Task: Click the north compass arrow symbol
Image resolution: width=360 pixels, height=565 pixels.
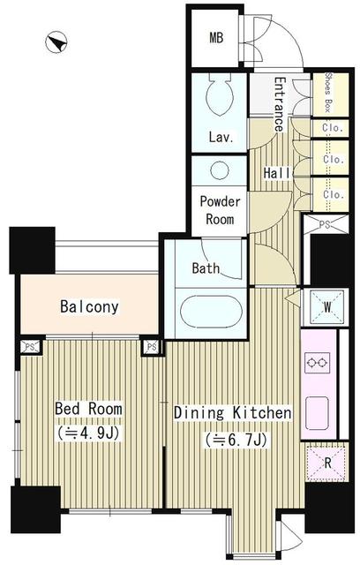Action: pyautogui.click(x=56, y=42)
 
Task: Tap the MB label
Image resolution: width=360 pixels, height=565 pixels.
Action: pyautogui.click(x=216, y=37)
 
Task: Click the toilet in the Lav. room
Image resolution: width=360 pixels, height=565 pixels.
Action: pyautogui.click(x=219, y=94)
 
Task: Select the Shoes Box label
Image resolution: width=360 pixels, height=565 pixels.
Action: pyautogui.click(x=328, y=93)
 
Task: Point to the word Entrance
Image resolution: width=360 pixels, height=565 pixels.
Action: pyautogui.click(x=280, y=104)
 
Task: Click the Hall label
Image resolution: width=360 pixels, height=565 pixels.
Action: pyautogui.click(x=277, y=173)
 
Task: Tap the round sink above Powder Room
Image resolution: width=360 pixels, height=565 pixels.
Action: pyautogui.click(x=219, y=170)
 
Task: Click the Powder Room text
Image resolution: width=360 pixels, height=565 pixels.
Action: pyautogui.click(x=220, y=210)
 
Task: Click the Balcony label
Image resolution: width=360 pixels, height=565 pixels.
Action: pyautogui.click(x=89, y=306)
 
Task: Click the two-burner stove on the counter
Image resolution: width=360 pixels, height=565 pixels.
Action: pyautogui.click(x=317, y=363)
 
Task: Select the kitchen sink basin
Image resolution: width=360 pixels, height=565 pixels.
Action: pyautogui.click(x=317, y=413)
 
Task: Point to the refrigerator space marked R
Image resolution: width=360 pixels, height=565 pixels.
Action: pyautogui.click(x=326, y=463)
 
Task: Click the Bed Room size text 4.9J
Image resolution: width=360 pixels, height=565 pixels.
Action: pyautogui.click(x=88, y=433)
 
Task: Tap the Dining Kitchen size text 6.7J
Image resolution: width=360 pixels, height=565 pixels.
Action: pyautogui.click(x=236, y=440)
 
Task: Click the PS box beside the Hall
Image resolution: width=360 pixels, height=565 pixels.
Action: pyautogui.click(x=325, y=224)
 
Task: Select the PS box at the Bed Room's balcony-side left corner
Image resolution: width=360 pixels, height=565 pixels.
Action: pyautogui.click(x=30, y=347)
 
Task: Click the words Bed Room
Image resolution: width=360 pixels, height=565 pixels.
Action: pyautogui.click(x=88, y=409)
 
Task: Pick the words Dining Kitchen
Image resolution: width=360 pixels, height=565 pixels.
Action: pyautogui.click(x=233, y=412)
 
